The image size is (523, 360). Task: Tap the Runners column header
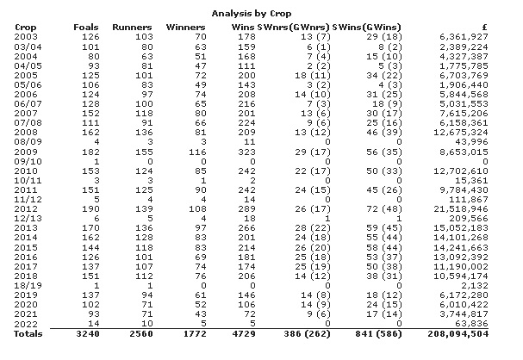tap(133, 26)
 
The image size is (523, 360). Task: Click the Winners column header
tap(184, 26)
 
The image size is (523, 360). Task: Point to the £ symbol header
tap(509, 26)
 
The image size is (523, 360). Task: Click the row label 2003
tap(26, 37)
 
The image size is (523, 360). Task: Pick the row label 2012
tap(26, 209)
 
